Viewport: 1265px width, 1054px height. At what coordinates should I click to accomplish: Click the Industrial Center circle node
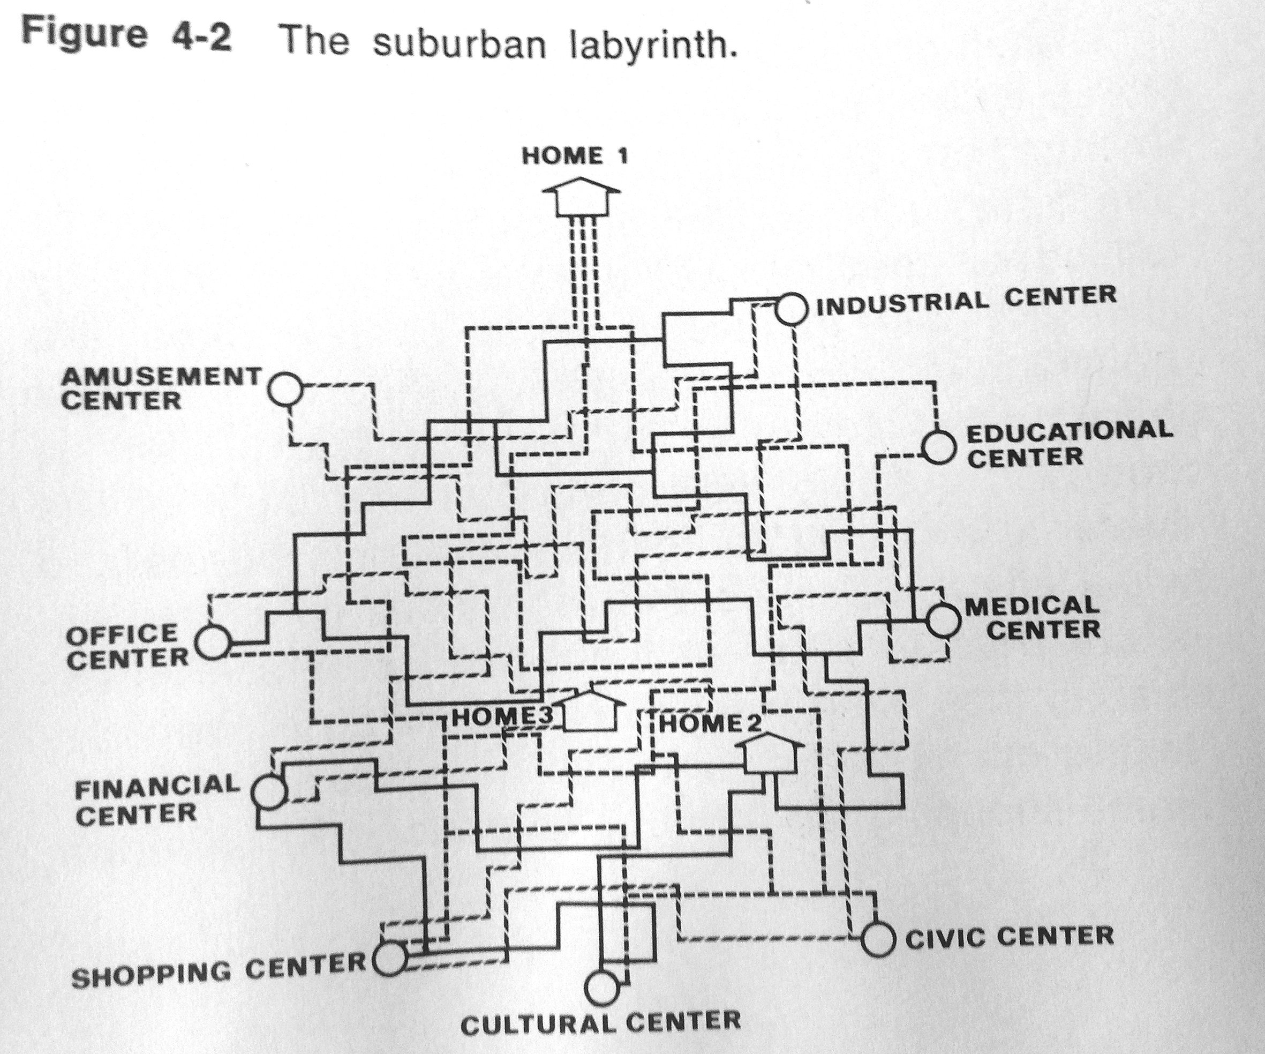click(790, 309)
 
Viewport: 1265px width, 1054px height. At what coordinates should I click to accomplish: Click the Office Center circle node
click(213, 642)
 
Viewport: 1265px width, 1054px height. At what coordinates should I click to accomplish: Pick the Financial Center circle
click(268, 791)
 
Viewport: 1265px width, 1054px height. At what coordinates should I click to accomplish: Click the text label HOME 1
click(575, 156)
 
